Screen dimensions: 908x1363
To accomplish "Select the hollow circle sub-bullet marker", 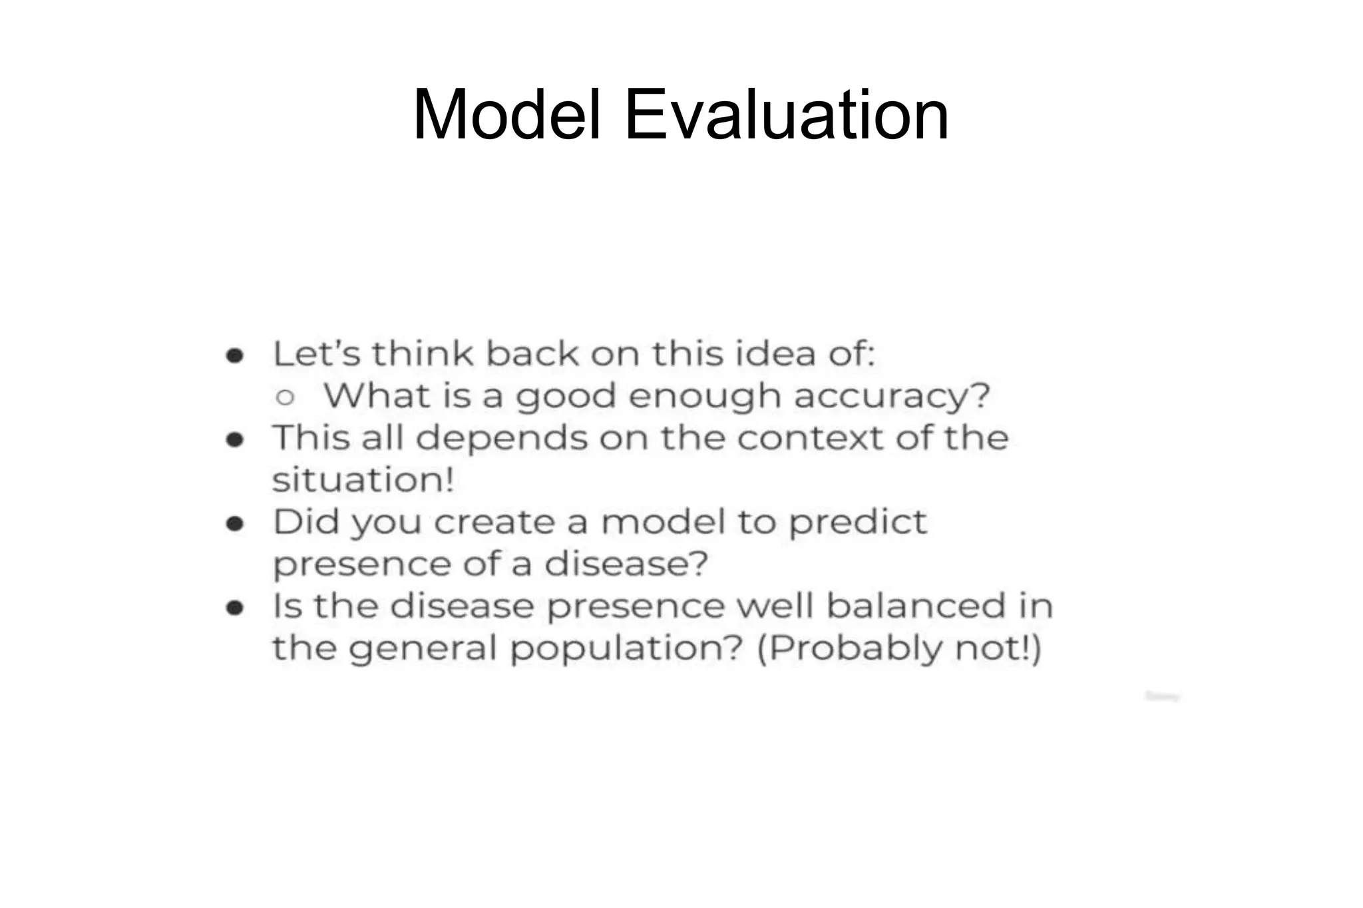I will [285, 397].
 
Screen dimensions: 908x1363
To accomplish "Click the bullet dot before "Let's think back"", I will [234, 355].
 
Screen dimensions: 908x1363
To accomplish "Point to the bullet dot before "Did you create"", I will [234, 524].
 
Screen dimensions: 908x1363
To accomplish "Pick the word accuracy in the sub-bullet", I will [892, 396].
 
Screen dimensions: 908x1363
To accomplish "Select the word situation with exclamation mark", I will [363, 479].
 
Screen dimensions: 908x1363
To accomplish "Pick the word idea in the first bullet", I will [775, 353].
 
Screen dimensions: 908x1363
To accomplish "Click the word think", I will [422, 353].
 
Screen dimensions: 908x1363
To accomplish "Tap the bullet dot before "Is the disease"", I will [234, 608].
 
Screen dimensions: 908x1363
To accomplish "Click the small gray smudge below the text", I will [1162, 696].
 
